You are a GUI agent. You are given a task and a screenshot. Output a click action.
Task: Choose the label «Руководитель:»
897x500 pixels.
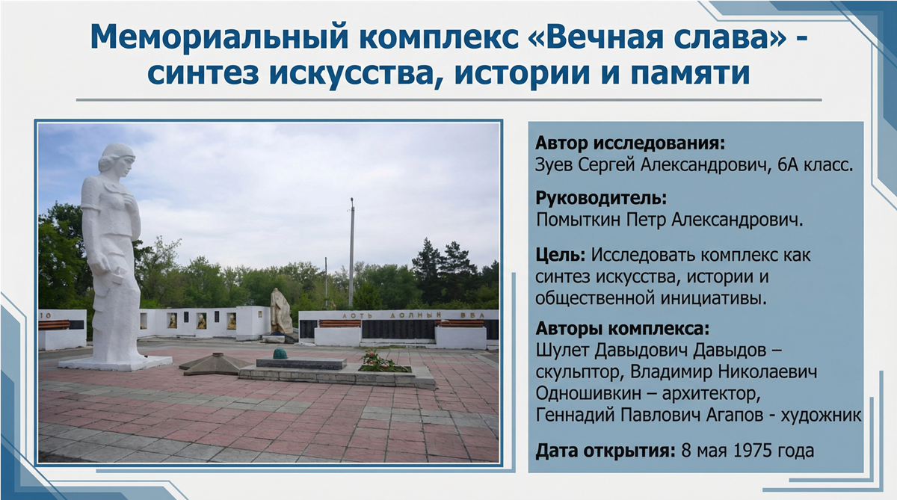click(x=601, y=200)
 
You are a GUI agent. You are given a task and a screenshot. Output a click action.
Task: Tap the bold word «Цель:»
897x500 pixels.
click(x=560, y=255)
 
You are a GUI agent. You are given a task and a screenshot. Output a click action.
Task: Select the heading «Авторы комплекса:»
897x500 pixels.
click(x=622, y=330)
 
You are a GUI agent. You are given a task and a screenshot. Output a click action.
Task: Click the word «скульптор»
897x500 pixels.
click(x=579, y=371)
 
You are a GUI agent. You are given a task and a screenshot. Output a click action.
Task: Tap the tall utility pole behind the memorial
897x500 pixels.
click(x=351, y=247)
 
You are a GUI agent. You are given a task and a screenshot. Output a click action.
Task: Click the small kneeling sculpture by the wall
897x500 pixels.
click(x=281, y=312)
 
